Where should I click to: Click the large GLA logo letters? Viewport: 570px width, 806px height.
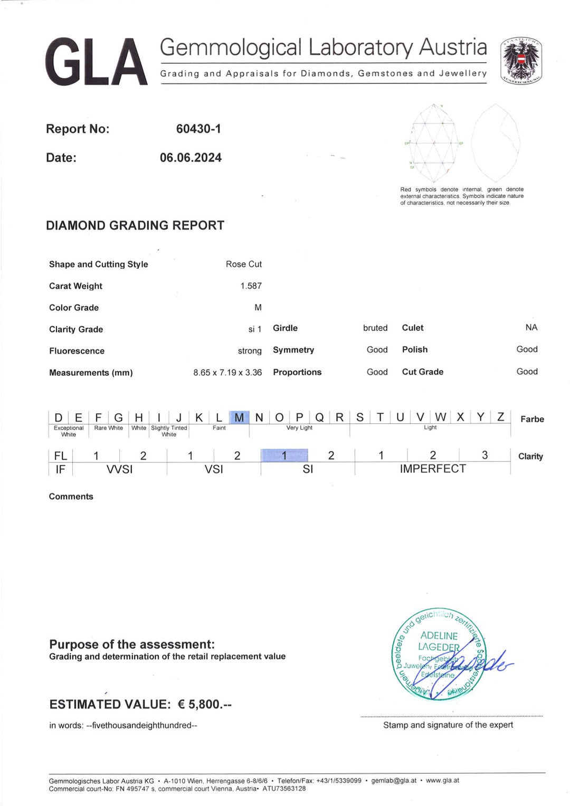pos(96,62)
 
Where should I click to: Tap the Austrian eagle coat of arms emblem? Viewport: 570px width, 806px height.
pos(521,61)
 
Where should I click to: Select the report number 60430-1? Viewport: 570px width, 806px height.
pos(198,129)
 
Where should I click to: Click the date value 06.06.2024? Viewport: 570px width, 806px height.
pos(191,158)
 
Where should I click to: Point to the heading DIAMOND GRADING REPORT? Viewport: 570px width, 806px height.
pos(135,225)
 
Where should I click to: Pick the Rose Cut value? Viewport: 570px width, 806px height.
pos(243,264)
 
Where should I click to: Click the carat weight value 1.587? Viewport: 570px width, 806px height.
pos(251,286)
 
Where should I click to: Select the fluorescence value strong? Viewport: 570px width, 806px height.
pos(250,351)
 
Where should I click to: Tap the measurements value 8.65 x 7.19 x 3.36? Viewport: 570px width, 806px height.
pos(227,373)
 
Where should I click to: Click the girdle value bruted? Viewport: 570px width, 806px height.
pos(375,328)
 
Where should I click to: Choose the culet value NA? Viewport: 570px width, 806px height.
pos(531,328)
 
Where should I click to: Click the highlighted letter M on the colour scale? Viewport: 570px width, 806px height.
pos(239,418)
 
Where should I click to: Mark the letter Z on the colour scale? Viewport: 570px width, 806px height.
pos(500,417)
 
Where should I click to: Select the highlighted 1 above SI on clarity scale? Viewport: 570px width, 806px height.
pos(284,455)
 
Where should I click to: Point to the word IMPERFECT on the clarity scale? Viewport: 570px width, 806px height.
pos(433,469)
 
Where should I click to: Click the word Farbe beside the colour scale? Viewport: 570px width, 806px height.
pos(532,419)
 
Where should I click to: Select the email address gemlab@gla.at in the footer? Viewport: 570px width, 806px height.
pos(394,781)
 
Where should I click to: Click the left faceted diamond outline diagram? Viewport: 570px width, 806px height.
pos(434,142)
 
